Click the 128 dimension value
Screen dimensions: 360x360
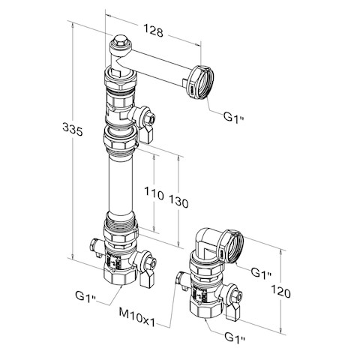click(153, 31)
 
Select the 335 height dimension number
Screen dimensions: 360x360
click(73, 129)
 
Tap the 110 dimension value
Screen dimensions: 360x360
click(154, 193)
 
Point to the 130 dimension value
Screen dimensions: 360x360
click(178, 202)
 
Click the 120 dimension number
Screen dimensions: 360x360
click(281, 292)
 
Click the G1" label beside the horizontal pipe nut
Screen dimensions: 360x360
click(233, 117)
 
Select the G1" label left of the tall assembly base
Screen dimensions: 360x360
click(85, 296)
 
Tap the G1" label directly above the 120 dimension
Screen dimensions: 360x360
click(261, 272)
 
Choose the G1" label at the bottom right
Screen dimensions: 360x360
click(235, 337)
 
